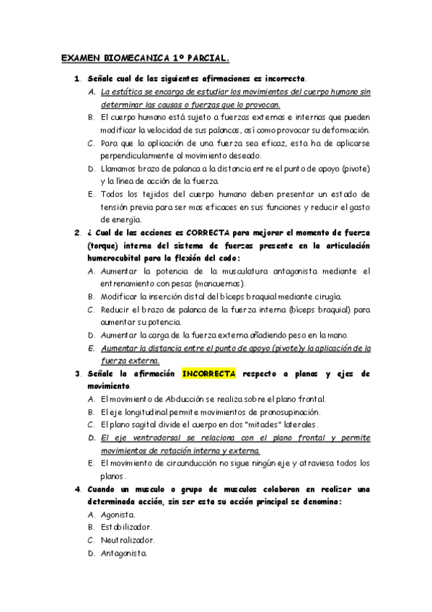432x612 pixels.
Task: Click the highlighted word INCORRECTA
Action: coord(209,374)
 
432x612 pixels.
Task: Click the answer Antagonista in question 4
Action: coord(124,553)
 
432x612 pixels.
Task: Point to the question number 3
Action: coord(77,374)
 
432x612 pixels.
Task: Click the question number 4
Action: coord(77,489)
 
